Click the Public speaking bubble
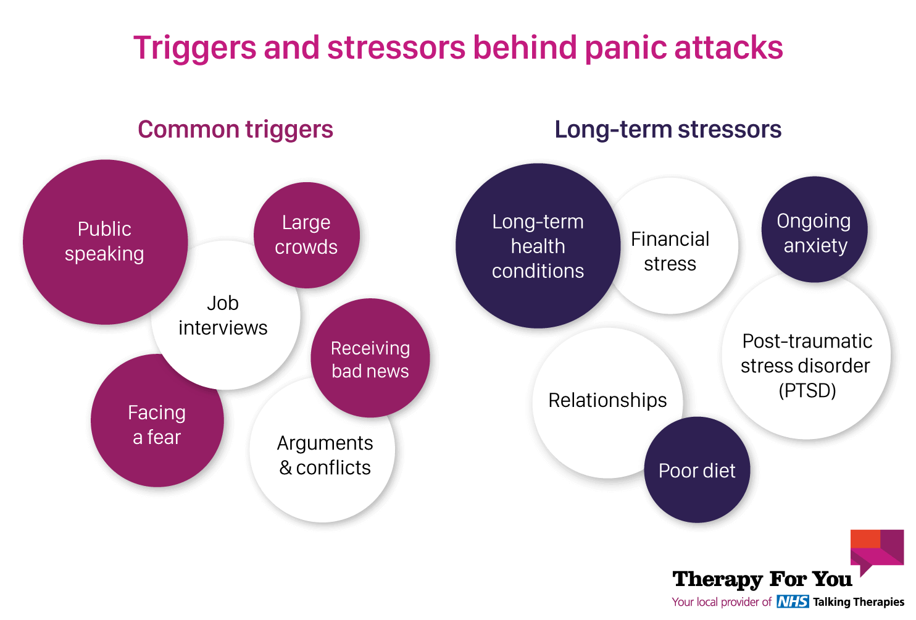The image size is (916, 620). point(105,241)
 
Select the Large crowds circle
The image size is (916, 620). point(306,235)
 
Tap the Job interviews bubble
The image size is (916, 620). point(223,316)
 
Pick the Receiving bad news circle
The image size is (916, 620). point(370,359)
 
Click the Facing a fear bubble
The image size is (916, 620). point(157,425)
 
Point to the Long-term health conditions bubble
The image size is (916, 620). point(538,246)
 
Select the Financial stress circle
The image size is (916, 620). point(670,251)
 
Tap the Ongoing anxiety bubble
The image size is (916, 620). point(814,233)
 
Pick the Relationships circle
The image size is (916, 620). point(607,400)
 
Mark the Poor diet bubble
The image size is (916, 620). point(697,471)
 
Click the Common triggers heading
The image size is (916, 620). point(235,130)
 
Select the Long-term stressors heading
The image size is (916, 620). point(668,130)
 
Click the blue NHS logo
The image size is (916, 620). point(793,601)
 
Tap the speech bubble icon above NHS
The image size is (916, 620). point(876,550)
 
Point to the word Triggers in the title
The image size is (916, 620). point(194,48)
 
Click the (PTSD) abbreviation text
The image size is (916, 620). point(807,391)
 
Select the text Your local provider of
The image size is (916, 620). point(721,602)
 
